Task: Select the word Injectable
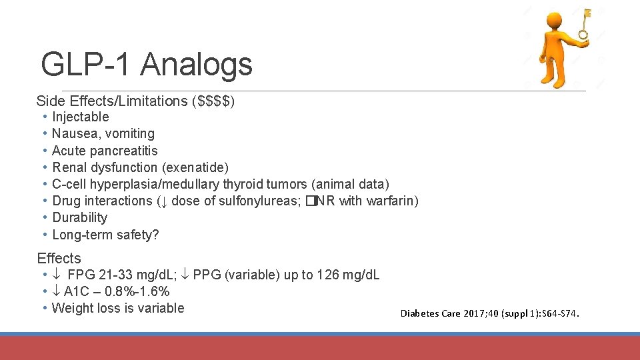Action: (81, 117)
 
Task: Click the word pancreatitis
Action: (124, 151)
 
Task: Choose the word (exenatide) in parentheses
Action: (195, 167)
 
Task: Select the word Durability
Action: (79, 217)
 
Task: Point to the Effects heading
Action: (59, 259)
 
